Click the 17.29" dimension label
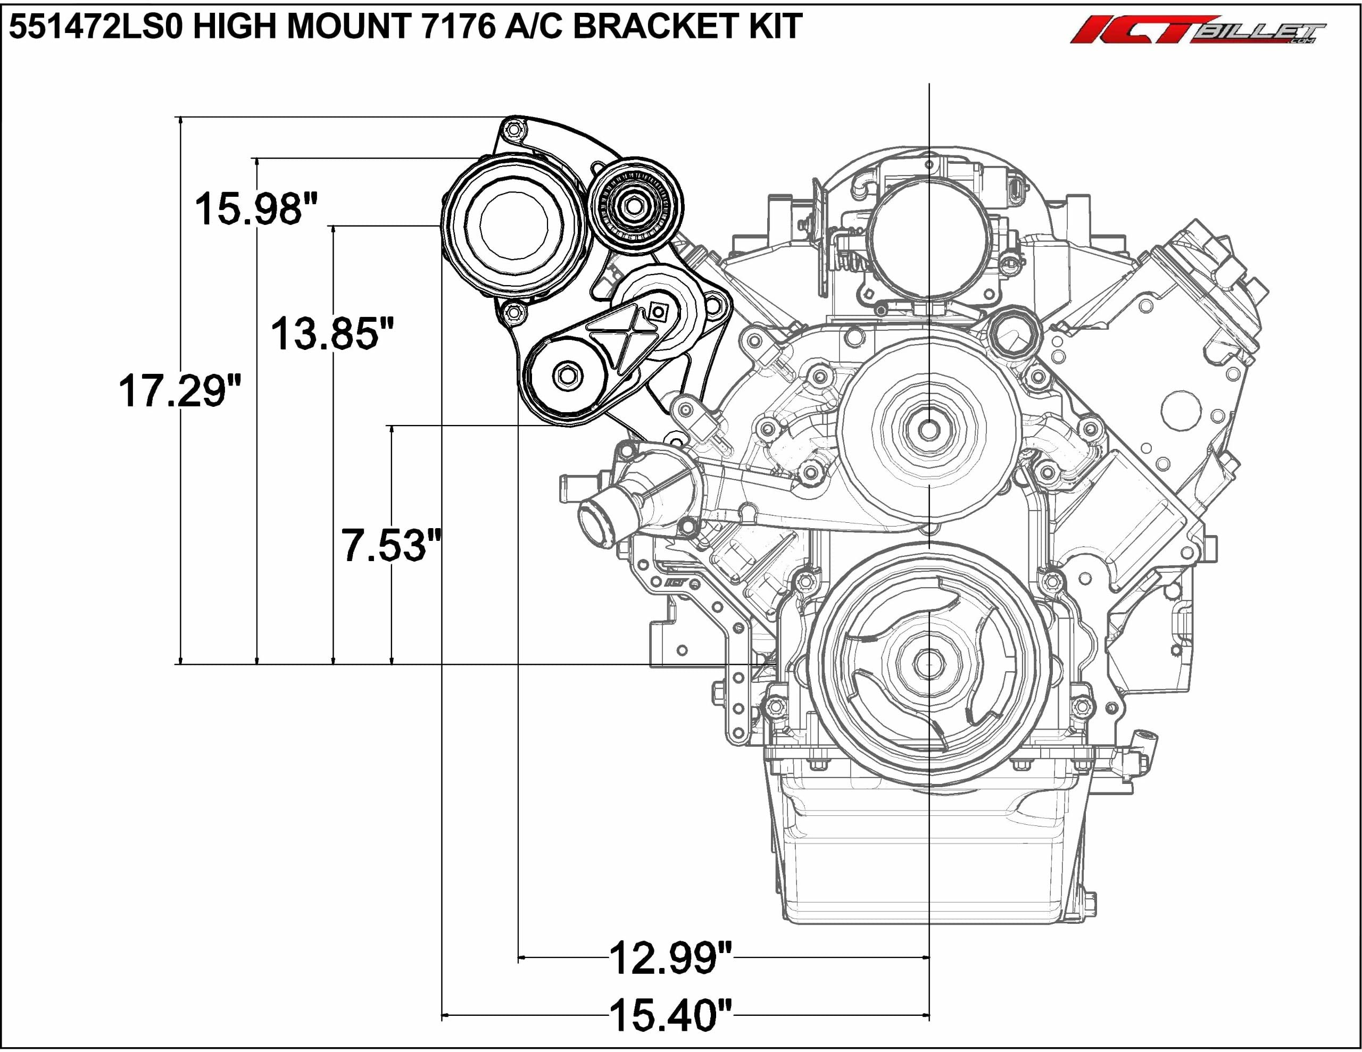click(x=180, y=391)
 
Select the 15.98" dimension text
click(x=256, y=209)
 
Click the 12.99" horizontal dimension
click(x=670, y=958)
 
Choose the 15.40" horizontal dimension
click(x=670, y=1015)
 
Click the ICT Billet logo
click(x=1198, y=29)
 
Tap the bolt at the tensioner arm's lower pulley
click(x=566, y=375)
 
